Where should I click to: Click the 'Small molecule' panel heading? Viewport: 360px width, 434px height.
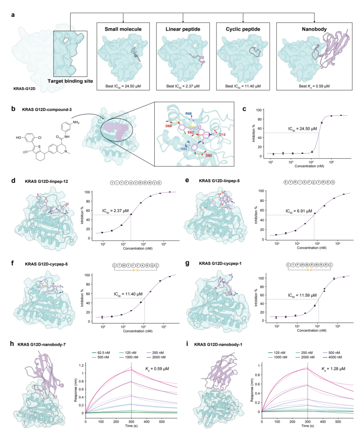coord(123,29)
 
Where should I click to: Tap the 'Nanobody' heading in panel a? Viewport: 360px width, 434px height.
coord(314,29)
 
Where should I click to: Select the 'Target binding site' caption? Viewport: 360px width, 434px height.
coord(70,81)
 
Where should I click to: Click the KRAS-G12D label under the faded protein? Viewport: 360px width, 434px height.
coord(24,89)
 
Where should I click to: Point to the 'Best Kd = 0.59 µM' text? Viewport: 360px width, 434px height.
coord(314,86)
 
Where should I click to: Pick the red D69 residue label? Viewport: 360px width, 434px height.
coord(169,126)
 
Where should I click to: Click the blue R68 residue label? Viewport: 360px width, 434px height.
coord(189,114)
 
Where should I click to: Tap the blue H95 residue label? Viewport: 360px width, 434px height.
coord(184,149)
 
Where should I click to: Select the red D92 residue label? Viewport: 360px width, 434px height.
coord(209,156)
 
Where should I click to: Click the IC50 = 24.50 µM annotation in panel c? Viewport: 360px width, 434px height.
coord(302,129)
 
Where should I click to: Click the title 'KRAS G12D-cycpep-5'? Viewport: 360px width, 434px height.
coord(46,264)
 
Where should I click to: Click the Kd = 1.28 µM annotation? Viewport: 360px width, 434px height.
coord(333,369)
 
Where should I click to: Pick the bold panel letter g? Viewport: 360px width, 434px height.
coord(187,263)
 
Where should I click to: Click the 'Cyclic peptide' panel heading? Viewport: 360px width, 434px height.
coord(243,29)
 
